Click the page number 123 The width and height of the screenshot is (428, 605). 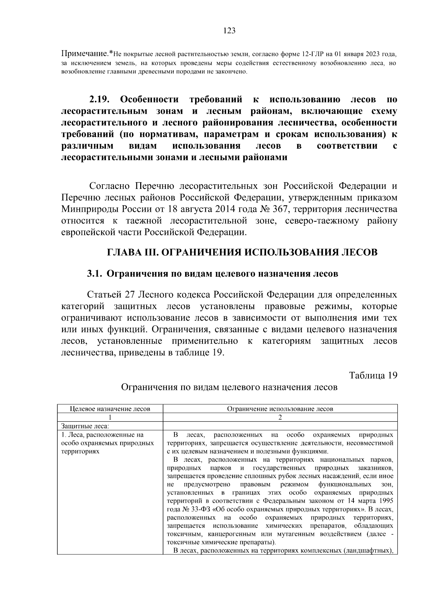229,31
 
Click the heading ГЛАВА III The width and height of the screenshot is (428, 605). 132,253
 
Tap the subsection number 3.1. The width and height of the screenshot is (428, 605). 95,274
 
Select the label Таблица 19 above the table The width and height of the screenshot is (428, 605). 373,376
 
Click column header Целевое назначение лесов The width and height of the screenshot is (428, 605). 110,409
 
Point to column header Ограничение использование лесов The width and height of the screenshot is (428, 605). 280,409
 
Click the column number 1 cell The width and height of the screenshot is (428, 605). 110,417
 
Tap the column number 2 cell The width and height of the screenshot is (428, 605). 280,417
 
